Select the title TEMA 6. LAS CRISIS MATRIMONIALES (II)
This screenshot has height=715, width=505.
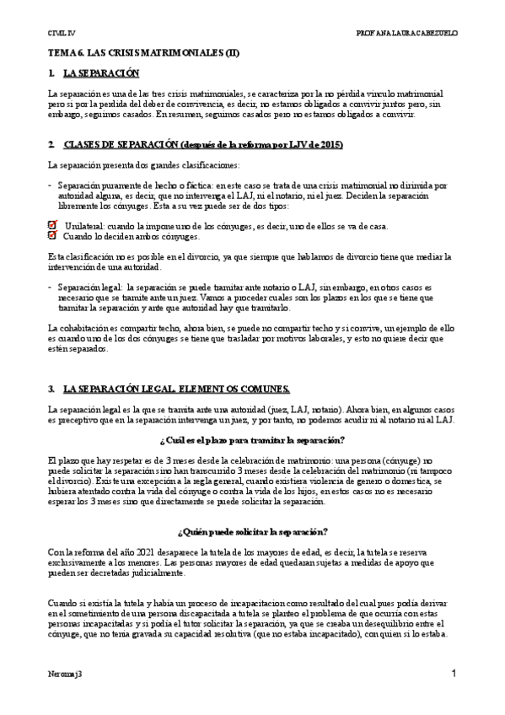tap(143, 52)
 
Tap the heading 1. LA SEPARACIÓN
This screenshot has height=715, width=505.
tap(93, 74)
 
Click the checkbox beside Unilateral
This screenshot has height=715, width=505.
tap(52, 225)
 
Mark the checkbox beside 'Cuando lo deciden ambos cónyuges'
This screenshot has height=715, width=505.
tap(52, 236)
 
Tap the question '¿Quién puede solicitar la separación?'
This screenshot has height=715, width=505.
tap(251, 531)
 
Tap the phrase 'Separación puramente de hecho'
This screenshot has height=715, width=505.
tap(110, 184)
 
